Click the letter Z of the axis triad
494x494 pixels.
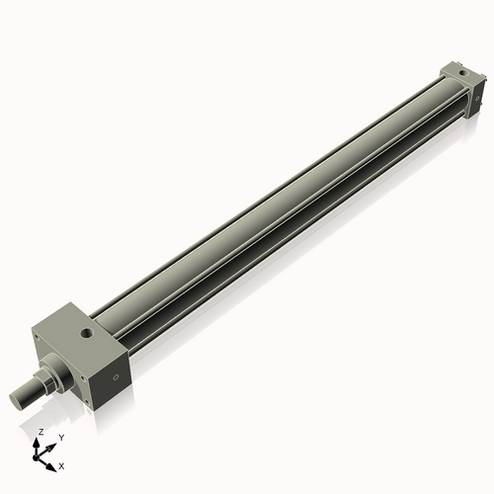coord(41,432)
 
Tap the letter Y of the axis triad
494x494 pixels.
coord(60,437)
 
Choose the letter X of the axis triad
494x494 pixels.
coord(62,464)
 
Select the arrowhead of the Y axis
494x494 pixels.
coord(52,444)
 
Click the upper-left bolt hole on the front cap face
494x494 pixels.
coord(37,337)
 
